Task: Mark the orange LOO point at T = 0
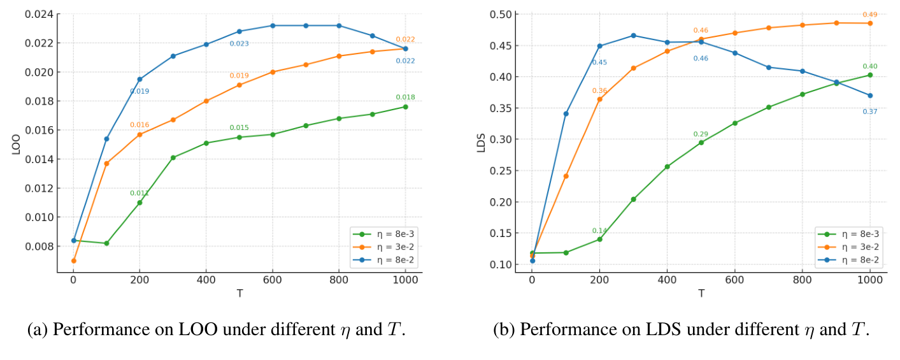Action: [x=73, y=261]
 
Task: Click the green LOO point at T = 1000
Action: [x=405, y=106]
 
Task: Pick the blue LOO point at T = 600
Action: [x=273, y=25]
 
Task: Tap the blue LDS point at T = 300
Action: [x=633, y=35]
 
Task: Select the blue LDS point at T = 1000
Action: [x=869, y=96]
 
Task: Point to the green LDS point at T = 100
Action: [x=566, y=252]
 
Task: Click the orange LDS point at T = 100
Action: [x=566, y=176]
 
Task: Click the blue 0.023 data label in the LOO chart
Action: [x=239, y=43]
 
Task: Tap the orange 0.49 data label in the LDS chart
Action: [x=869, y=14]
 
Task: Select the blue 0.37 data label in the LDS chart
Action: [x=869, y=112]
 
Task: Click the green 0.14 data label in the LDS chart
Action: [x=599, y=231]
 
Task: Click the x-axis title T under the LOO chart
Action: [x=239, y=293]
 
